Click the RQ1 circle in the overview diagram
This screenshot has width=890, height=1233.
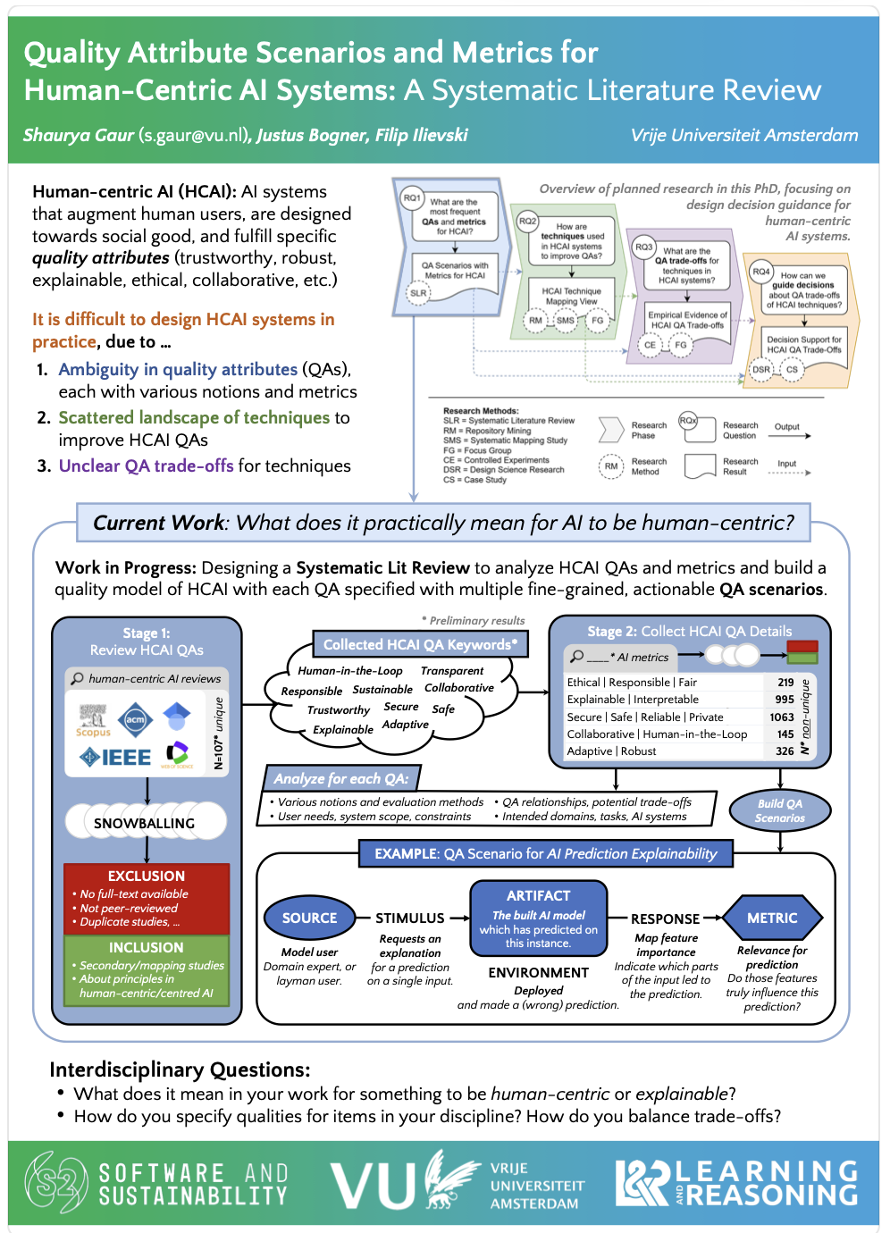pyautogui.click(x=412, y=197)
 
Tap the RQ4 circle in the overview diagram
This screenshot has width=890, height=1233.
pyautogui.click(x=760, y=271)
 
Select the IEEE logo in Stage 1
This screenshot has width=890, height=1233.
pyautogui.click(x=117, y=758)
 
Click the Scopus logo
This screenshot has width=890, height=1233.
pyautogui.click(x=93, y=720)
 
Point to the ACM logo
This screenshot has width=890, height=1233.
pyautogui.click(x=135, y=718)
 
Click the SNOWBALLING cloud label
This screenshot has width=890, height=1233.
pyautogui.click(x=144, y=823)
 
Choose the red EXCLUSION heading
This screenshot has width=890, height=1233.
pyautogui.click(x=147, y=877)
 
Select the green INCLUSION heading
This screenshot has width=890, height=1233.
pyautogui.click(x=147, y=947)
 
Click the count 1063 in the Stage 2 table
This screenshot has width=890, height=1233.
pyautogui.click(x=782, y=717)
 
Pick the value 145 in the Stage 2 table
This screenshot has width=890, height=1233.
pyautogui.click(x=785, y=734)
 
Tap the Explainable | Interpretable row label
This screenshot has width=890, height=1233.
pyautogui.click(x=633, y=700)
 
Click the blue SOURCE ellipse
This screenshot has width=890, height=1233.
pyautogui.click(x=309, y=918)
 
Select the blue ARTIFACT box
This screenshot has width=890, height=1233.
pyautogui.click(x=538, y=918)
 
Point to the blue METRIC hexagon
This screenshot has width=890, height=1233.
pyautogui.click(x=772, y=918)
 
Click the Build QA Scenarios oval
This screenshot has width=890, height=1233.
pyautogui.click(x=779, y=810)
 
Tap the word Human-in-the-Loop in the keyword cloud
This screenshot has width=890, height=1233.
pyautogui.click(x=350, y=671)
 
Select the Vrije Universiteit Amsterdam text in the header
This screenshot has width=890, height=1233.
pyautogui.click(x=744, y=136)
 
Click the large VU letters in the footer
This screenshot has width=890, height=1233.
pyautogui.click(x=373, y=1186)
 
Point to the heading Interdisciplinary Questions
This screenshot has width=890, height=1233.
pyautogui.click(x=180, y=1069)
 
